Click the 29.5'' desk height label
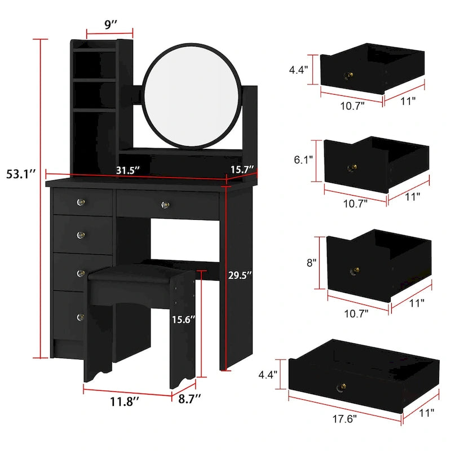(x=241, y=275)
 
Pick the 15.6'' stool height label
(x=184, y=319)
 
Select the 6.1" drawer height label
(x=302, y=160)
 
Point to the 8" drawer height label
(x=311, y=262)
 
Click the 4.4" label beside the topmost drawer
(x=299, y=70)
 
